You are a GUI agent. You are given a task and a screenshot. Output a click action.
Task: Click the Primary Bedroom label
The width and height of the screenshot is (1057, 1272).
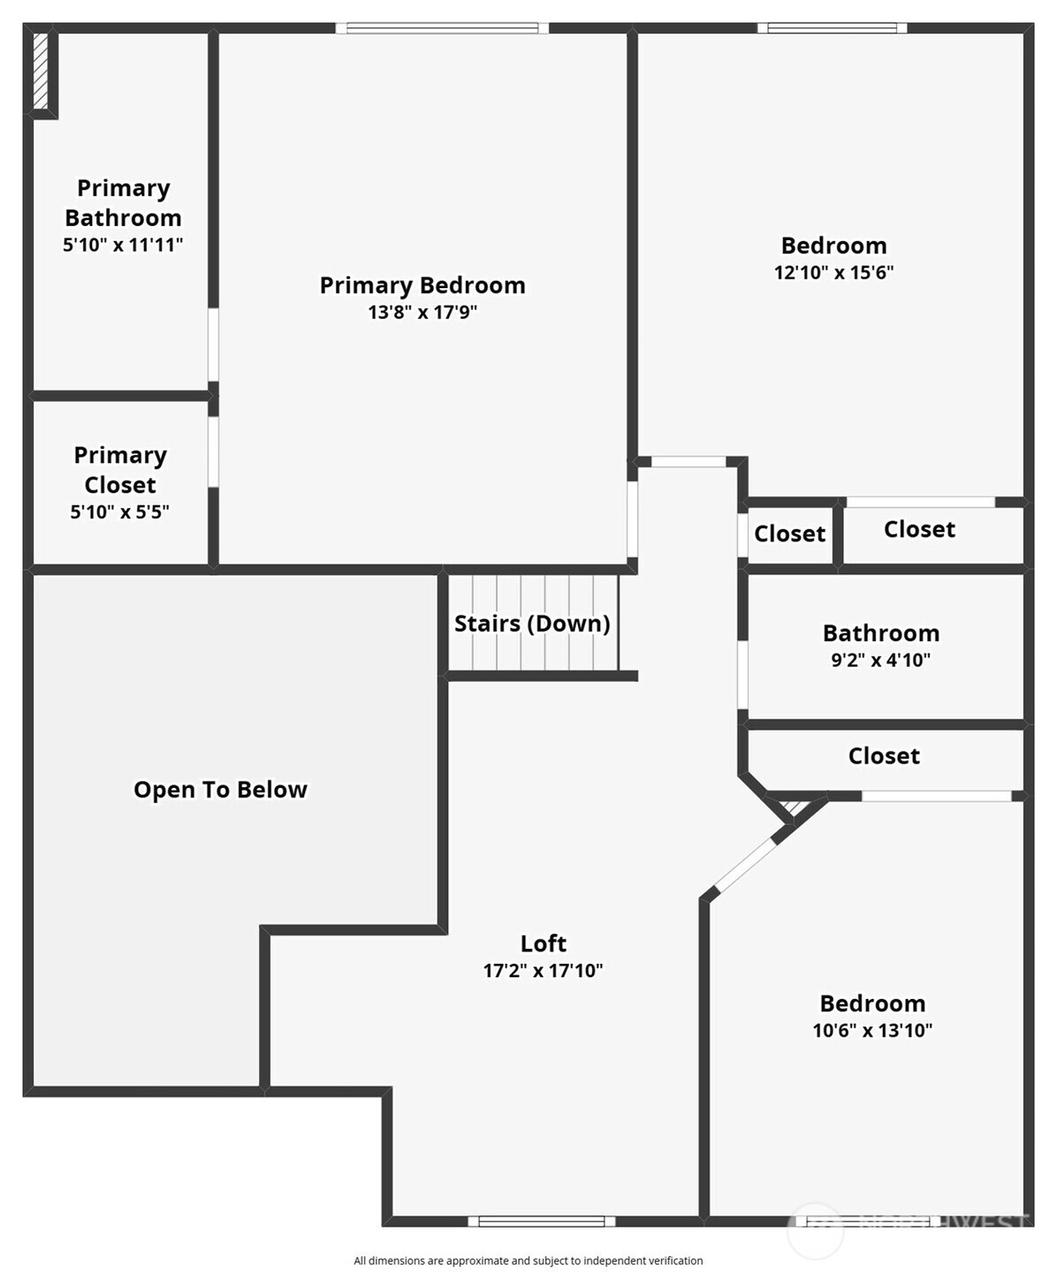(422, 285)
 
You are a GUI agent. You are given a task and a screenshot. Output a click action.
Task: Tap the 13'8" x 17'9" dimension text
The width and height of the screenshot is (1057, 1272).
(422, 312)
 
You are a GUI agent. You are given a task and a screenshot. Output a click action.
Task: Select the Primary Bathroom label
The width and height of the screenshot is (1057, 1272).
(123, 202)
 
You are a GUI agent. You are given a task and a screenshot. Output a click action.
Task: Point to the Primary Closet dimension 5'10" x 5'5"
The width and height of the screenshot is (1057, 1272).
(120, 511)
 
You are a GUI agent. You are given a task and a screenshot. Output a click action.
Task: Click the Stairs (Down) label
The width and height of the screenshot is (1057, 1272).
(532, 624)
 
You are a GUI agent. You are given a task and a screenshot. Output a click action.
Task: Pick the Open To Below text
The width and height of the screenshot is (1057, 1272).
(220, 790)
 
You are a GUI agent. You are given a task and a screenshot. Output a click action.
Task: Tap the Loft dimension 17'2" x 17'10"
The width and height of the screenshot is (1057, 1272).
(543, 971)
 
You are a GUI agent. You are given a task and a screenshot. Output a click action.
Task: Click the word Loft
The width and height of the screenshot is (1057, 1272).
(543, 943)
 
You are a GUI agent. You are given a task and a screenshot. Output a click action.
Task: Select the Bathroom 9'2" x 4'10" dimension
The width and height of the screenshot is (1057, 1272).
(881, 660)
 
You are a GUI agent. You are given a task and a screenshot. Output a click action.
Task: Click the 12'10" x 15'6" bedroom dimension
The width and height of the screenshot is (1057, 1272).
(833, 272)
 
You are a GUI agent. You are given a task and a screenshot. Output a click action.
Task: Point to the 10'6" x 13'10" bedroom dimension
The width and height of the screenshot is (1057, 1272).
(872, 1030)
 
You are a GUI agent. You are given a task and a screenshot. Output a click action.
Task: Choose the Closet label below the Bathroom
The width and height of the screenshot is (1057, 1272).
(884, 756)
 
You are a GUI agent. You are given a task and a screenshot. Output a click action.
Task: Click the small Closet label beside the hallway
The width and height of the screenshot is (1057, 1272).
(789, 534)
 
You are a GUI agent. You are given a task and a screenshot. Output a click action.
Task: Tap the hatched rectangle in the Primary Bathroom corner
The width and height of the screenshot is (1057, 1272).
(41, 71)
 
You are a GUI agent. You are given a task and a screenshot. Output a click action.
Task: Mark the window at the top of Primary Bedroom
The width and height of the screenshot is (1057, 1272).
(442, 28)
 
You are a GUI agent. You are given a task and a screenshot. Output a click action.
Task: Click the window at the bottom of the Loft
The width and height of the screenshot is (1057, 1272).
(542, 1222)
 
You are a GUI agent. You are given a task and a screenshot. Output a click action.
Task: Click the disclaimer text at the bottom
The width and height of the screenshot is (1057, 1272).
(528, 1261)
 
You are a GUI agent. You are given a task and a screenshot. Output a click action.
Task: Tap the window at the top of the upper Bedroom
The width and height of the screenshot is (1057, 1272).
(833, 28)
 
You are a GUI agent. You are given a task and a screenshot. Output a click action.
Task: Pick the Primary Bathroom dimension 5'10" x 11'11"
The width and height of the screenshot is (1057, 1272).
(123, 245)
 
